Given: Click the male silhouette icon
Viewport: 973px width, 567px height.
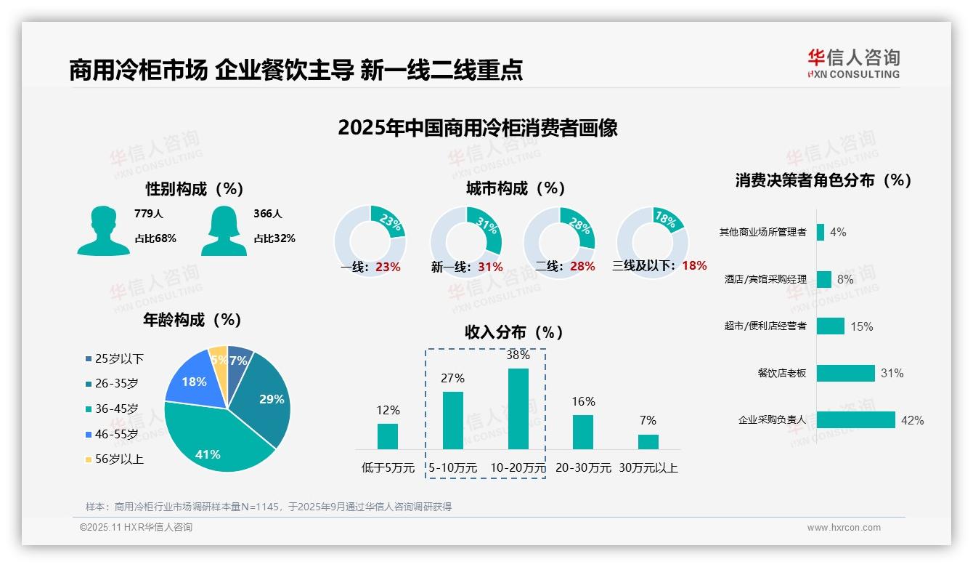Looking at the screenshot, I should tap(103, 231).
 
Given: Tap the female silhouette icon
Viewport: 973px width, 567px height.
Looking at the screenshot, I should tap(224, 231).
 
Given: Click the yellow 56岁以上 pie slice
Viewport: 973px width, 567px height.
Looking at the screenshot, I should tap(219, 359).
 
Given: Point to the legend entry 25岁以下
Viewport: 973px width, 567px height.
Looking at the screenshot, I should tap(114, 358).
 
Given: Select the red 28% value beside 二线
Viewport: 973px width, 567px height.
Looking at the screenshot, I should tap(582, 267).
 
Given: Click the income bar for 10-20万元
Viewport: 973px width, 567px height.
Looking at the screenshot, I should tap(518, 409).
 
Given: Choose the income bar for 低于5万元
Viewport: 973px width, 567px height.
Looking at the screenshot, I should tap(388, 436).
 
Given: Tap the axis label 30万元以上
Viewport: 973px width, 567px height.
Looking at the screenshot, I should tap(648, 468).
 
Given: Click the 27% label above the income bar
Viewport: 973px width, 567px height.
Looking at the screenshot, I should tap(452, 378).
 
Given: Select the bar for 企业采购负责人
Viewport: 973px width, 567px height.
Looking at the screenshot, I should tap(855, 420).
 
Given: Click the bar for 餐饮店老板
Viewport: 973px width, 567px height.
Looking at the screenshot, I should tap(845, 373).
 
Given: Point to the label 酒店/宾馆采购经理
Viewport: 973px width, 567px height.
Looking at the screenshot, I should tap(765, 279).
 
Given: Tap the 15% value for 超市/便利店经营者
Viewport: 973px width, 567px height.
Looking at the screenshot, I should tap(861, 326).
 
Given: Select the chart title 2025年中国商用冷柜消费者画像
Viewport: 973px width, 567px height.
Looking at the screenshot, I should tap(477, 128).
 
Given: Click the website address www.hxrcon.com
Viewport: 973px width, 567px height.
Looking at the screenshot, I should tap(843, 528).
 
